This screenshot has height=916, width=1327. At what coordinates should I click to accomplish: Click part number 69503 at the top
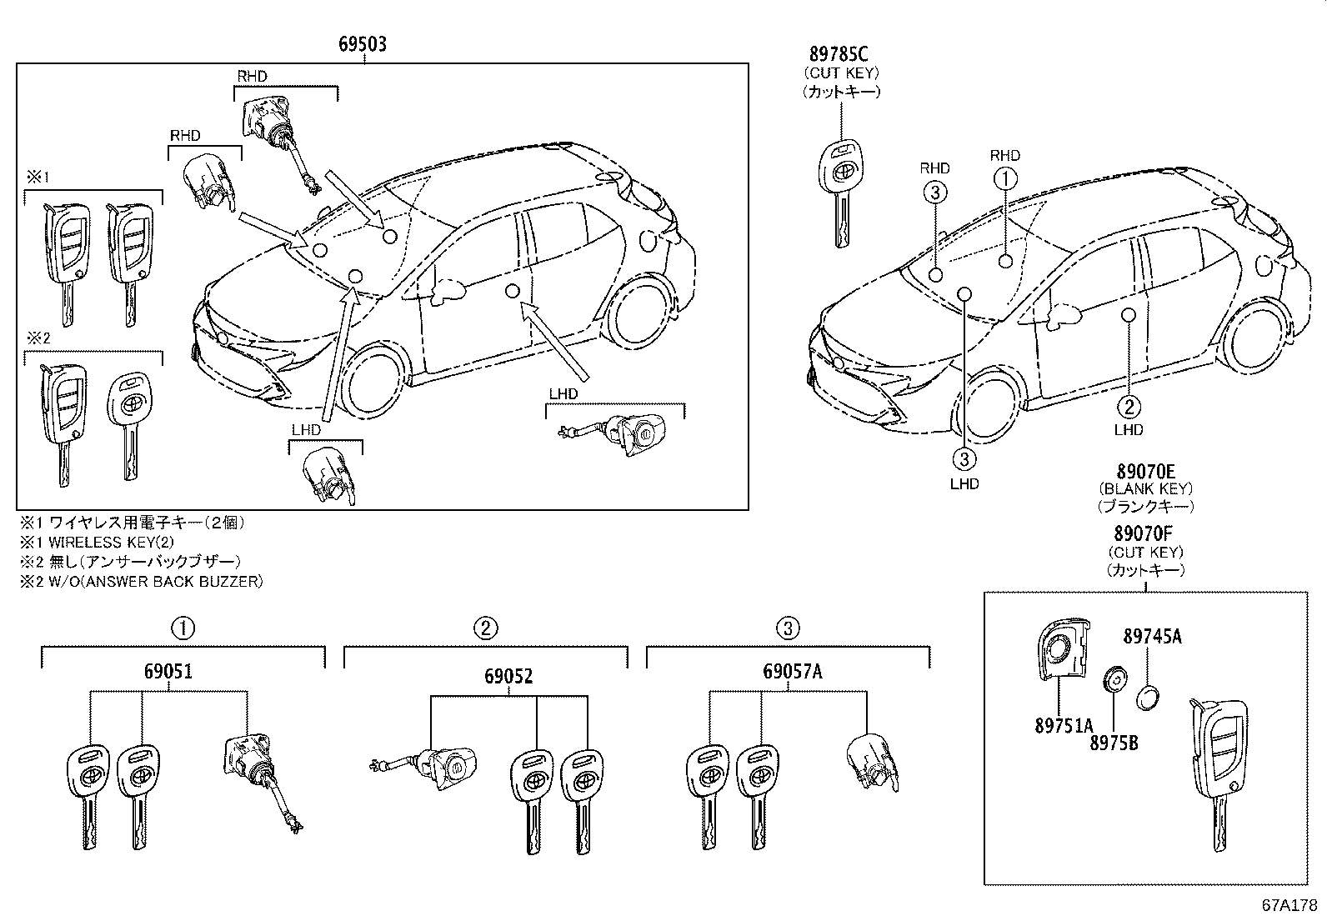pyautogui.click(x=362, y=44)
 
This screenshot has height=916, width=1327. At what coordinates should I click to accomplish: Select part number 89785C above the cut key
pyautogui.click(x=839, y=54)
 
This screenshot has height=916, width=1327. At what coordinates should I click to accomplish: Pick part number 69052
pyautogui.click(x=508, y=677)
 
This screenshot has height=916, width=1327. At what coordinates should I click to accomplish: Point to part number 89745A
pyautogui.click(x=1152, y=637)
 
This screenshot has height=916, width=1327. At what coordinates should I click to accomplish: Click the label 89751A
pyautogui.click(x=1063, y=727)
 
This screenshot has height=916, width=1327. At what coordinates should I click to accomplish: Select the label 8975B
pyautogui.click(x=1113, y=742)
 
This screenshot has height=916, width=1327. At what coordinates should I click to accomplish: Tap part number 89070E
pyautogui.click(x=1145, y=471)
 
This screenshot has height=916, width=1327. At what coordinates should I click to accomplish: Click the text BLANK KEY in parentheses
pyautogui.click(x=1145, y=488)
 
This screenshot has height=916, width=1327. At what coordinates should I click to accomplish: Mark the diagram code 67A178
pyautogui.click(x=1288, y=903)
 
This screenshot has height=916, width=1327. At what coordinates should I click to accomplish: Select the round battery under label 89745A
pyautogui.click(x=1149, y=698)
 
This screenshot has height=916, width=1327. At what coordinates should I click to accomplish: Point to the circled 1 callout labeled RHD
pyautogui.click(x=1005, y=178)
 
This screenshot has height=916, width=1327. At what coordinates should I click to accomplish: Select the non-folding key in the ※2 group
pyautogui.click(x=128, y=421)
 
